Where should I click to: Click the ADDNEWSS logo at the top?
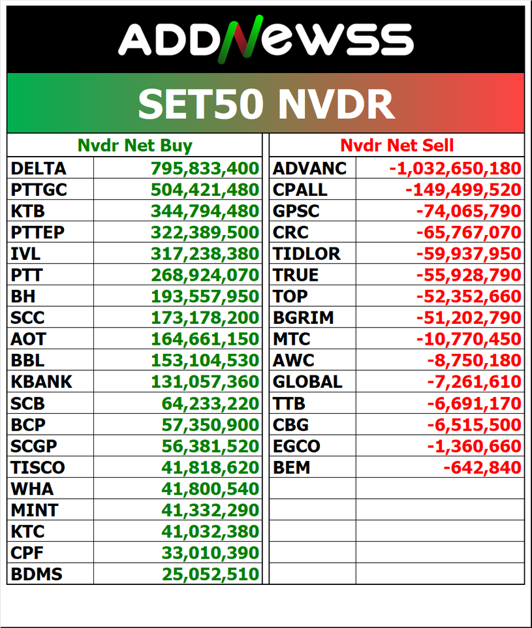[x=266, y=39]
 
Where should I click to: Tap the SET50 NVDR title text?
[x=266, y=104]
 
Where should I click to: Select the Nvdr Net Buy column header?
[x=135, y=146]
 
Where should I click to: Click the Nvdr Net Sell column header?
[x=397, y=146]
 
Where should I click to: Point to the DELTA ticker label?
[x=39, y=168]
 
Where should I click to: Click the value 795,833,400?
[x=205, y=168]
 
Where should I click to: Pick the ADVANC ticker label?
[x=309, y=168]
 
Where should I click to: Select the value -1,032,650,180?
[x=456, y=168]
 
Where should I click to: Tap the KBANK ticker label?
[x=41, y=382]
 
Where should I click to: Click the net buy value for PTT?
[x=205, y=275]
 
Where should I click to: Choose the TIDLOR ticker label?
[x=306, y=254]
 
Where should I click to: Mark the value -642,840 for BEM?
[x=482, y=467]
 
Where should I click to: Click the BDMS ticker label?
[x=37, y=574]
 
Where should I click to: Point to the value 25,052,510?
[x=210, y=574]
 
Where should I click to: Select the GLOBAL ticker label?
[x=307, y=382]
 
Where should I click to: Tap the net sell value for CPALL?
[x=463, y=190]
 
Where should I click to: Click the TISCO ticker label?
[x=38, y=467]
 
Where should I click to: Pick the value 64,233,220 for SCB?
[x=210, y=403]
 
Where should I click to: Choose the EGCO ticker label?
[x=296, y=446]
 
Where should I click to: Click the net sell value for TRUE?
[x=469, y=275]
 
